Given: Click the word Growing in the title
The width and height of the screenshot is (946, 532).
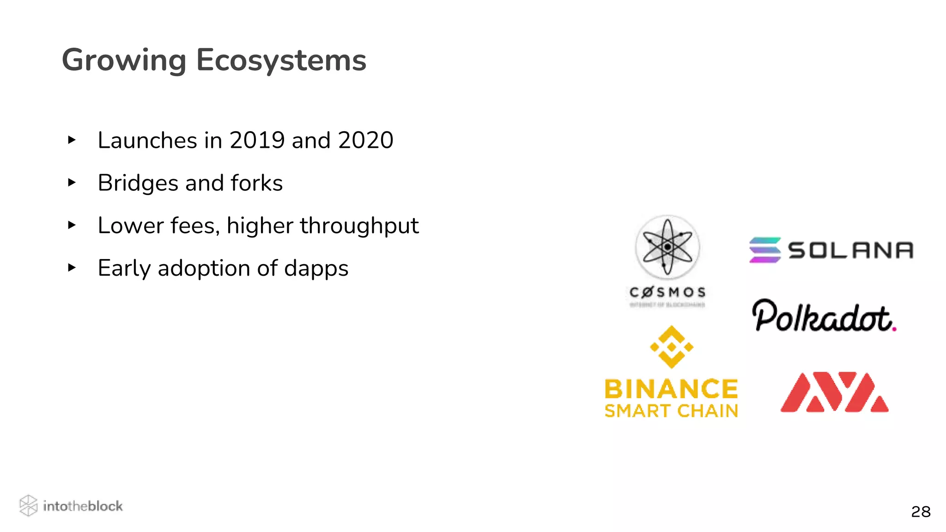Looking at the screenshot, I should point(124,60).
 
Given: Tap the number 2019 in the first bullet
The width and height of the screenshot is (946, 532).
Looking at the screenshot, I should point(257,140).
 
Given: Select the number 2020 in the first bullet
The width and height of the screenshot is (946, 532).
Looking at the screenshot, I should point(365,140).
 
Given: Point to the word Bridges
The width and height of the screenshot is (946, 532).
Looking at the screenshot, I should point(138,183).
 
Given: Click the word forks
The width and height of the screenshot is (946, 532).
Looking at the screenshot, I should point(256,183).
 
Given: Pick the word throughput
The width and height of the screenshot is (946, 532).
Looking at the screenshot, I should point(359,226).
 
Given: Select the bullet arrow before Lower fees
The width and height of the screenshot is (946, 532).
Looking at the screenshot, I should point(72,225).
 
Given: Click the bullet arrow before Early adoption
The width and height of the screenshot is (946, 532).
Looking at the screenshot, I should point(72,268).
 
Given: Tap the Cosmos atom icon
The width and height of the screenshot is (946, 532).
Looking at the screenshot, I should point(667,247).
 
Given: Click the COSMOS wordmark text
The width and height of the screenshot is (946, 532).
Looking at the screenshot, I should point(667,292).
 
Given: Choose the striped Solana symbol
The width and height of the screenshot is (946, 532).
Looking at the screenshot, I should point(765,250).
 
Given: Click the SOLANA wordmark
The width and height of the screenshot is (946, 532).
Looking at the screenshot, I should point(850,250).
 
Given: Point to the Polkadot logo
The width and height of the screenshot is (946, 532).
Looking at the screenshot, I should point(824,316).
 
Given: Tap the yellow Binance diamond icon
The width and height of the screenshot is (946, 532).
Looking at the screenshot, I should point(672,347).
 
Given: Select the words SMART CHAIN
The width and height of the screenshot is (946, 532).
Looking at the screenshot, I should point(671,411).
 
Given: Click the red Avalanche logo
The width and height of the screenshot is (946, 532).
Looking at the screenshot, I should point(834,392).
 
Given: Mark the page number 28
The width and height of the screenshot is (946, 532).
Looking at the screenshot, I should point(921,512).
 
